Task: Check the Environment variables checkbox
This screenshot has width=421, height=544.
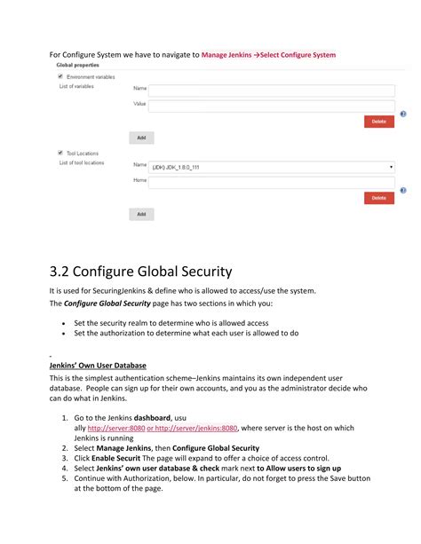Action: [60, 77]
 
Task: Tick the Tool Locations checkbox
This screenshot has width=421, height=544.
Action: [60, 153]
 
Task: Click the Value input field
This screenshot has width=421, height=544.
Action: [272, 105]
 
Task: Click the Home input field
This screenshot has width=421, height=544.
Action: [272, 181]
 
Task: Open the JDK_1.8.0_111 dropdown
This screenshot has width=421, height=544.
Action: [272, 166]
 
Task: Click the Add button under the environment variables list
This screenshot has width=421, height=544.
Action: [141, 138]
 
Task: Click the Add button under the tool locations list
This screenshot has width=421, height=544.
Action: [141, 214]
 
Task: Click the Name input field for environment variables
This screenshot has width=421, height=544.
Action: [272, 90]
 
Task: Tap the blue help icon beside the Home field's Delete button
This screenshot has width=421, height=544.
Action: [403, 191]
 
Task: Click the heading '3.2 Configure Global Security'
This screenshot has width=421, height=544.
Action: [140, 272]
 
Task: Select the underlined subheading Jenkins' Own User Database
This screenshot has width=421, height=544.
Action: [98, 366]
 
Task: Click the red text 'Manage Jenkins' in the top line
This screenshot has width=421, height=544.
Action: [226, 55]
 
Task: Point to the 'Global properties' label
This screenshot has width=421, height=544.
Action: [78, 65]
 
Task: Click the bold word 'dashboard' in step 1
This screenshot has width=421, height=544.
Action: [146, 417]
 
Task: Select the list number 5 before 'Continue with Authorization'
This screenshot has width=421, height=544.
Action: [65, 478]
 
